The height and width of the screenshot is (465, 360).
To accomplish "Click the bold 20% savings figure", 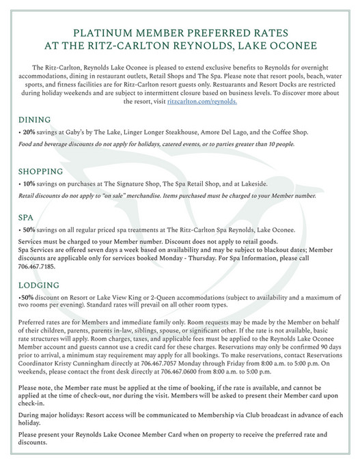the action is tap(29, 132).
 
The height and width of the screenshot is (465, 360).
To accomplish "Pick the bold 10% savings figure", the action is tap(29, 184).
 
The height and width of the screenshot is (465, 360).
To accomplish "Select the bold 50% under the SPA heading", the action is tap(29, 231).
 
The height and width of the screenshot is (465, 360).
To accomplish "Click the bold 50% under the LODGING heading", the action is tap(27, 298).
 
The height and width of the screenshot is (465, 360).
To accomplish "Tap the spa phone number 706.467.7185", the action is tap(38, 267).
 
